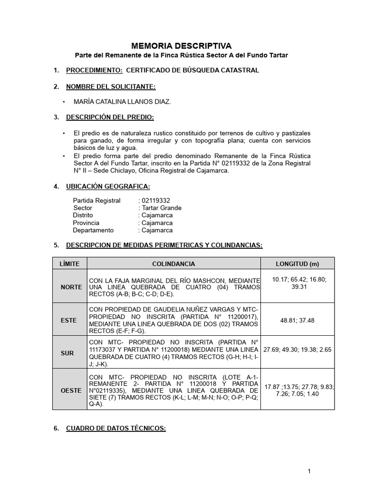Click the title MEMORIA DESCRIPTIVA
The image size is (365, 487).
(x=181, y=46)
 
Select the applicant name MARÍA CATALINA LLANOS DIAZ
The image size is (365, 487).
(x=122, y=101)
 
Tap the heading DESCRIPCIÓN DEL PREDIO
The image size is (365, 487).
(x=110, y=117)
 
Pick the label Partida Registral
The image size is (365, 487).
(x=97, y=200)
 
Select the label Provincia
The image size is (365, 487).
(x=86, y=223)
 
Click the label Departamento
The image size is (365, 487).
(x=93, y=230)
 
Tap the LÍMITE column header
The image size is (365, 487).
(x=69, y=263)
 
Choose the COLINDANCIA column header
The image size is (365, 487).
(x=173, y=263)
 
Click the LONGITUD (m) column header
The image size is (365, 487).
(x=298, y=263)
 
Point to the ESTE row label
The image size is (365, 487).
(x=69, y=321)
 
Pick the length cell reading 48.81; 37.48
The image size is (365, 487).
(x=298, y=321)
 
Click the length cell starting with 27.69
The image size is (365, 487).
(x=298, y=350)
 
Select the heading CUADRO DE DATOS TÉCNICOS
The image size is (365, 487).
(x=115, y=428)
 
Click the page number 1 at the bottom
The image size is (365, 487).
(x=309, y=471)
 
